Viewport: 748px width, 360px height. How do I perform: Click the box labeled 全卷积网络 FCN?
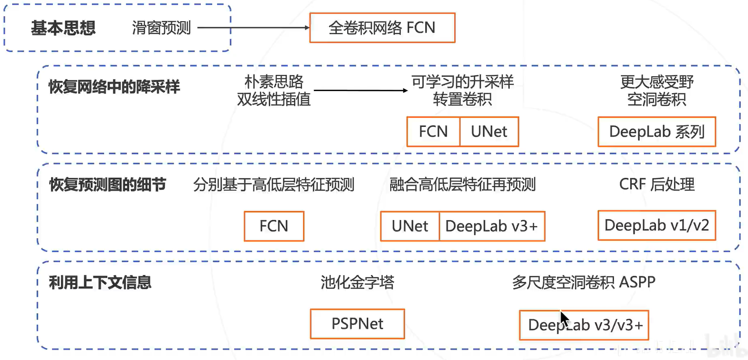[x=382, y=28]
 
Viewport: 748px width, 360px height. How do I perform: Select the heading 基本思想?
[x=63, y=28]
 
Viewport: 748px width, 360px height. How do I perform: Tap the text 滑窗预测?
[x=161, y=28]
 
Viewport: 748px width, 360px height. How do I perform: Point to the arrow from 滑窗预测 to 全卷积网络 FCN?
[x=252, y=28]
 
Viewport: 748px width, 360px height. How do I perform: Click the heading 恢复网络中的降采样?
[x=114, y=87]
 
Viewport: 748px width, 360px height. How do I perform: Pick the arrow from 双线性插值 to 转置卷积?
[x=360, y=90]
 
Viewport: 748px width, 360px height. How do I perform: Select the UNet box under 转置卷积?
[x=489, y=131]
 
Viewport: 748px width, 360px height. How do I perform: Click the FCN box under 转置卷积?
[x=433, y=131]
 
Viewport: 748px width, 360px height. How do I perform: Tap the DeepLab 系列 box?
[x=657, y=131]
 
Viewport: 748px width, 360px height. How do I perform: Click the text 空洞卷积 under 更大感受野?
[x=657, y=99]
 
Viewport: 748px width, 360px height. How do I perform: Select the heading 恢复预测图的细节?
[x=107, y=184]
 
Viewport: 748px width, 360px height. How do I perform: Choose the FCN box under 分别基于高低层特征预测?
[x=274, y=226]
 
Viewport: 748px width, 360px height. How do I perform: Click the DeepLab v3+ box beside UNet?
[x=492, y=226]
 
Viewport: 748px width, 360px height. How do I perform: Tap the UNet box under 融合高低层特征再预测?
[x=410, y=226]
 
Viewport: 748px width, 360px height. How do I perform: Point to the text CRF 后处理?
[x=657, y=184]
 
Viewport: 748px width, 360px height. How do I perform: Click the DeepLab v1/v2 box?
[x=657, y=225]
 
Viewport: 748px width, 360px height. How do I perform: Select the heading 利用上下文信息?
[x=100, y=282]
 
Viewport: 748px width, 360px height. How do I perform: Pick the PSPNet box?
[x=357, y=323]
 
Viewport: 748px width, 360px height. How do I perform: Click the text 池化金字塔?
[x=357, y=282]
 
